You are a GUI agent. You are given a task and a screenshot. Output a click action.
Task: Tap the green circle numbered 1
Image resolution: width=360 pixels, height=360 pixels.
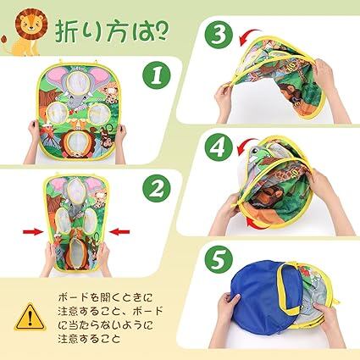click(x=157, y=75)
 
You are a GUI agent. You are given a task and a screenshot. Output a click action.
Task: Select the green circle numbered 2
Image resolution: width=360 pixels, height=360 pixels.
click(x=157, y=188)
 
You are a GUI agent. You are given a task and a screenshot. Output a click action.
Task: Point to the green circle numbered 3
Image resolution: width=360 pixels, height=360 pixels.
click(x=219, y=35)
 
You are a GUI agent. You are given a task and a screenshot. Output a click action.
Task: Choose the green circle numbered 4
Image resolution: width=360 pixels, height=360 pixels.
click(x=219, y=147)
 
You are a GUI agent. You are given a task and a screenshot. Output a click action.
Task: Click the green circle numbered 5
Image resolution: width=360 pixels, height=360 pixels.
click(x=219, y=259)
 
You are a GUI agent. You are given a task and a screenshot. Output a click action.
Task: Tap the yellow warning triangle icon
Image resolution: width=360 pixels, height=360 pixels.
click(x=30, y=318)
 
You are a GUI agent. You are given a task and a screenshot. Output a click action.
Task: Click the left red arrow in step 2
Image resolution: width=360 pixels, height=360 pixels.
click(x=33, y=232)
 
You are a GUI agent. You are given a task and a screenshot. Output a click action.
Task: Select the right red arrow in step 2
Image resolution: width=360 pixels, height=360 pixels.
click(x=119, y=232)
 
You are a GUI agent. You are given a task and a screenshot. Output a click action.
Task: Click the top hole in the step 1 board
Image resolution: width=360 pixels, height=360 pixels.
click(x=76, y=82)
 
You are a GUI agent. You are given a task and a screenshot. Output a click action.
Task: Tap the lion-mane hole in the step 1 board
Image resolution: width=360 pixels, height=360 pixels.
click(x=76, y=142)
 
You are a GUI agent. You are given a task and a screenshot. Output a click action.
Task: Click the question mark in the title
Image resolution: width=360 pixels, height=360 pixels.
click(x=162, y=30)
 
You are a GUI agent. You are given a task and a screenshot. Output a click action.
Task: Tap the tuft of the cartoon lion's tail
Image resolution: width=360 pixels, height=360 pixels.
click(x=4, y=40)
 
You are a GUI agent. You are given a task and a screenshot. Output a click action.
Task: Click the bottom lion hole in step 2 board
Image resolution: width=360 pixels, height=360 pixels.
click(x=76, y=252)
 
